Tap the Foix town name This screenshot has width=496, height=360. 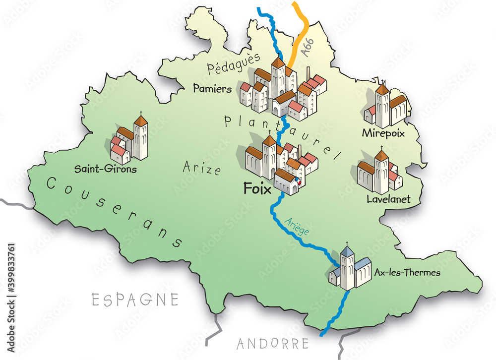pos(257,188)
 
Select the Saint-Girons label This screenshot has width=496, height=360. pos(105,169)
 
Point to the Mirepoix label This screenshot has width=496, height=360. pos(383,133)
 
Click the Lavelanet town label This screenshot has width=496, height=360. pos(388,199)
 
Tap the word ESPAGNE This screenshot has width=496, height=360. pos(135,300)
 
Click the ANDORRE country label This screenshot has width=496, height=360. pos(272,343)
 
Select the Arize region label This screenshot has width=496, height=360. pos(201,169)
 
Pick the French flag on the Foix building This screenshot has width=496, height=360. pos(298,181)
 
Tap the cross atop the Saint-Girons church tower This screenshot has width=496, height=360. pos(141,114)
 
